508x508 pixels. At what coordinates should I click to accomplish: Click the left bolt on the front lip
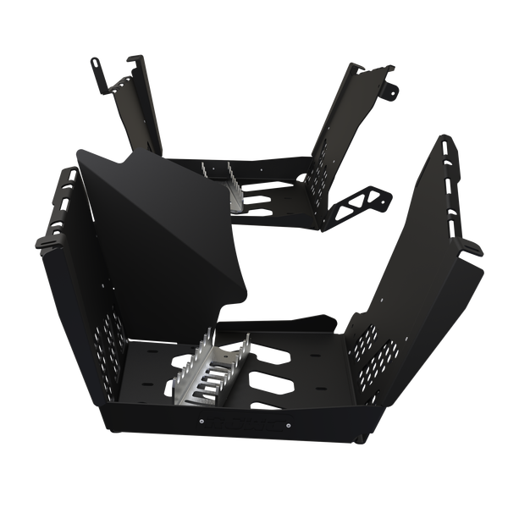pyautogui.click(x=202, y=417)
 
